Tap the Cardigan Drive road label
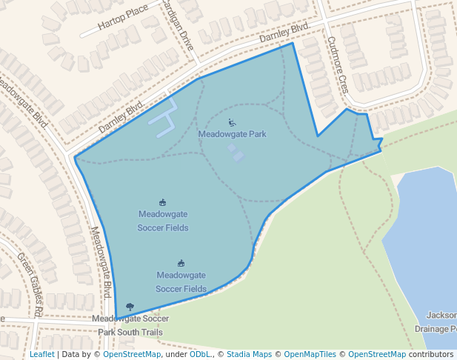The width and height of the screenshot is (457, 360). point(178,26)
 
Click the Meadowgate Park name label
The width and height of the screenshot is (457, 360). point(232,134)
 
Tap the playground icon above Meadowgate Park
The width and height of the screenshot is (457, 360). point(232,123)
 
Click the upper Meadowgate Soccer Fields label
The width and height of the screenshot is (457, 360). point(163,221)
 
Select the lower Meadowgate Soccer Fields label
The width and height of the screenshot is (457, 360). point(181,281)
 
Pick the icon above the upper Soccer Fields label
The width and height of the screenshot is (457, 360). point(163,202)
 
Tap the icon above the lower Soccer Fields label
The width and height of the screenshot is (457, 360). point(181,263)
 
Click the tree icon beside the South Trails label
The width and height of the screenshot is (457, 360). point(130,306)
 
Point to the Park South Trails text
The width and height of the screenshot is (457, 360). point(130,333)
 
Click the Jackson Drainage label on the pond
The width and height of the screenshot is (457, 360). point(437,321)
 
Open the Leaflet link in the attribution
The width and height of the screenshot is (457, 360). point(41,355)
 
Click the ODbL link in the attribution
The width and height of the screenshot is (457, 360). point(200,355)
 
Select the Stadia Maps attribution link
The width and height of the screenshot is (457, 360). point(249,355)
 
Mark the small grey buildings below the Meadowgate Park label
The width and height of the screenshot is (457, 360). point(235,153)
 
